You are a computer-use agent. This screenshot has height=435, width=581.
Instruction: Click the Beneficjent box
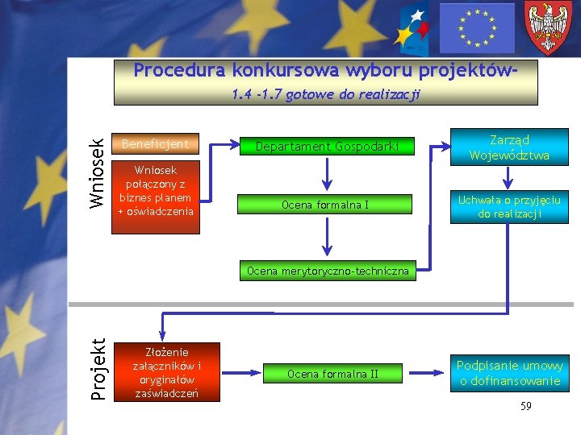(155, 145)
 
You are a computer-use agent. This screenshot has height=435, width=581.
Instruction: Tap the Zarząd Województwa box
(509, 147)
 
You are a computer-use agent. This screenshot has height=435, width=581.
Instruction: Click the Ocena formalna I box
(325, 205)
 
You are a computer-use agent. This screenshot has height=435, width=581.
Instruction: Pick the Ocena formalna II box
(332, 374)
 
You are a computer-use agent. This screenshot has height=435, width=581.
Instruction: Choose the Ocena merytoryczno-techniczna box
(328, 271)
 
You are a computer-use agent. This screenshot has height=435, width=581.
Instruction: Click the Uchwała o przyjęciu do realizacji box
(509, 207)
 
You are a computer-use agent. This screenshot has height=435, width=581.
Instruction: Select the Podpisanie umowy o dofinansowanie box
(509, 374)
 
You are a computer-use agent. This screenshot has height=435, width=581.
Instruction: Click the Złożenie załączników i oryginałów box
(167, 372)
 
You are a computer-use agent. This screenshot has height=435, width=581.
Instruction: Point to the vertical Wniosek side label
(96, 173)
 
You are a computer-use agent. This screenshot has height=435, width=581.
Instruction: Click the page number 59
(526, 406)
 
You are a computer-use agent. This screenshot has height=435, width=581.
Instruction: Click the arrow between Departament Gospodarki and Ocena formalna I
(327, 172)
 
